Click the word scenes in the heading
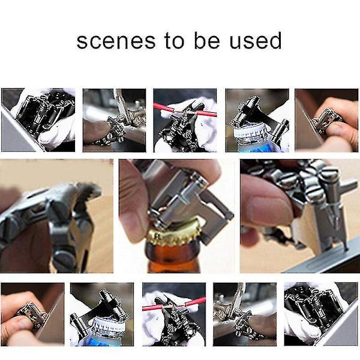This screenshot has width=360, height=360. tap(116, 41)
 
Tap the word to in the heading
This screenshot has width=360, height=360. tap(175, 40)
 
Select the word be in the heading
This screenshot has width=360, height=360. tap(207, 40)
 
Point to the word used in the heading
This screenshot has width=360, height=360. tap(256, 40)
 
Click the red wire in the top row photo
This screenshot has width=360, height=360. tap(185, 110)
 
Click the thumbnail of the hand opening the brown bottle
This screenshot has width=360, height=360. tap(177, 216)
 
